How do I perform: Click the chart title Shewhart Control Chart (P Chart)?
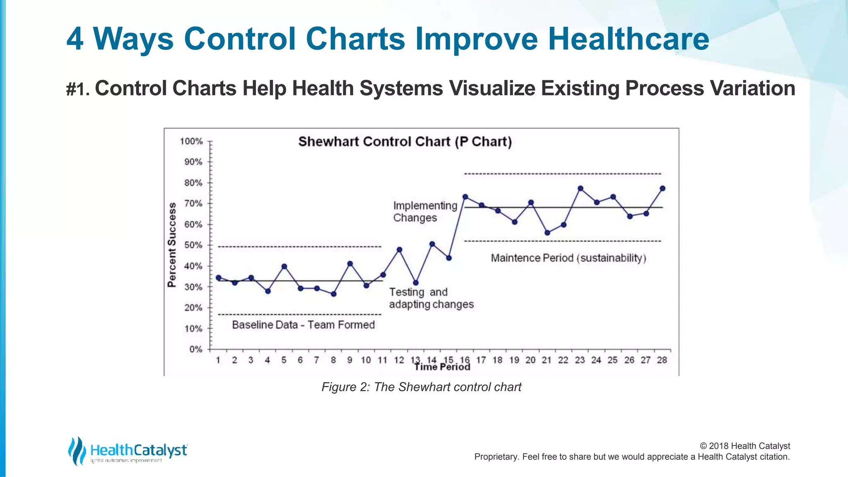[x=405, y=142]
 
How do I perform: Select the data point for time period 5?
[x=284, y=267]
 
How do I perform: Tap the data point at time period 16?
[x=465, y=197]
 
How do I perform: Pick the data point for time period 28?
[x=662, y=188]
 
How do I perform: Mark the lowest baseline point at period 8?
[x=334, y=294]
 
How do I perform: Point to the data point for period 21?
[x=547, y=233]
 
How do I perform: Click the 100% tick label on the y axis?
[x=191, y=142]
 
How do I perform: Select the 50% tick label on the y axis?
[x=193, y=245]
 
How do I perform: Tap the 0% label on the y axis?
[x=195, y=349]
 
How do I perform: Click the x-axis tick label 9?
[x=350, y=360]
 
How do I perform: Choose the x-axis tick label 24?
[x=596, y=360]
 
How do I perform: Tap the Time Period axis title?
[x=442, y=367]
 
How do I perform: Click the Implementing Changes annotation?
[x=425, y=212]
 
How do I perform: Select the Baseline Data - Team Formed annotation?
[x=303, y=325]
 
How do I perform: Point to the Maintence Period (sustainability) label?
[x=569, y=258]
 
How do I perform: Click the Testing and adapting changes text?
[x=431, y=298]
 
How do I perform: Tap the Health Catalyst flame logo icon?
[x=77, y=451]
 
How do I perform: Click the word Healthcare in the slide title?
[x=628, y=39]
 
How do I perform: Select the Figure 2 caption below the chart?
[x=421, y=387]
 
